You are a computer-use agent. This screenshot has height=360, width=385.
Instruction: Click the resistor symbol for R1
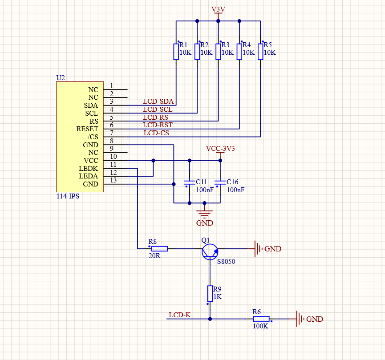176,51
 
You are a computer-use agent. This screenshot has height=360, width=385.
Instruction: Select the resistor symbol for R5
260,51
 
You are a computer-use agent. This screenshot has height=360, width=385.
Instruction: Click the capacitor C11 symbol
190,182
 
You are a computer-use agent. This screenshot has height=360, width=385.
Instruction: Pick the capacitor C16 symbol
220,182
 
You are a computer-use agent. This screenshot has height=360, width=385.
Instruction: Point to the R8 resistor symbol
159,248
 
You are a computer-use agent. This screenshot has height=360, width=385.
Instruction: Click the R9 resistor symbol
210,294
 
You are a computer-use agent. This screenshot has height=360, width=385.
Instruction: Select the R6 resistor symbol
261,319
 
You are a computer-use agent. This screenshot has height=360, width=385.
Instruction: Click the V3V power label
218,9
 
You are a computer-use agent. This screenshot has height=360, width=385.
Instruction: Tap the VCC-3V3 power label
220,148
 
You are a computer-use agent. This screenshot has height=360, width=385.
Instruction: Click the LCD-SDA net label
158,101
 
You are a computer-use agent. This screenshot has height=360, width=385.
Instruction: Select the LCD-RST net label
158,125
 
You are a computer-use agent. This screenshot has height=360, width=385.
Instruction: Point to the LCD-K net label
180,315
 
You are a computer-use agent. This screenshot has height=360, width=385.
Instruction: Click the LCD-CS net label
156,133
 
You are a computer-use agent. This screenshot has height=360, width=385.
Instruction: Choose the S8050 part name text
226,262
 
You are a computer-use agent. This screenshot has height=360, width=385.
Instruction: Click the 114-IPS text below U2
68,196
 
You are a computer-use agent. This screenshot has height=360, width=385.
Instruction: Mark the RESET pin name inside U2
87,129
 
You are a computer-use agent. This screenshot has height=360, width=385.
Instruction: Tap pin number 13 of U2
113,180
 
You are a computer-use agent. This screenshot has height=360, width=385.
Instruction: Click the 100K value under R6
260,326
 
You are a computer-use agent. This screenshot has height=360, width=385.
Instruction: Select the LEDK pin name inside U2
89,168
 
